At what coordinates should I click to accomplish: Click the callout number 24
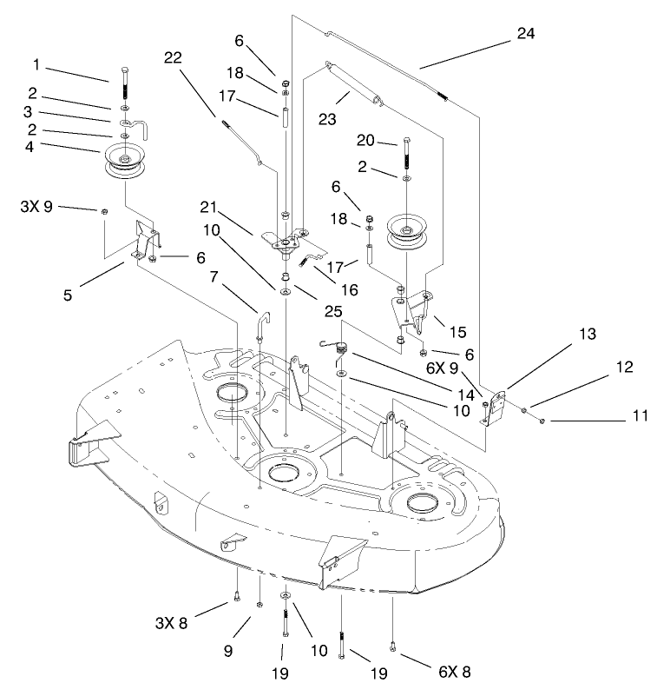[x=525, y=34]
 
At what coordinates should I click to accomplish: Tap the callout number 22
[x=173, y=57]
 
